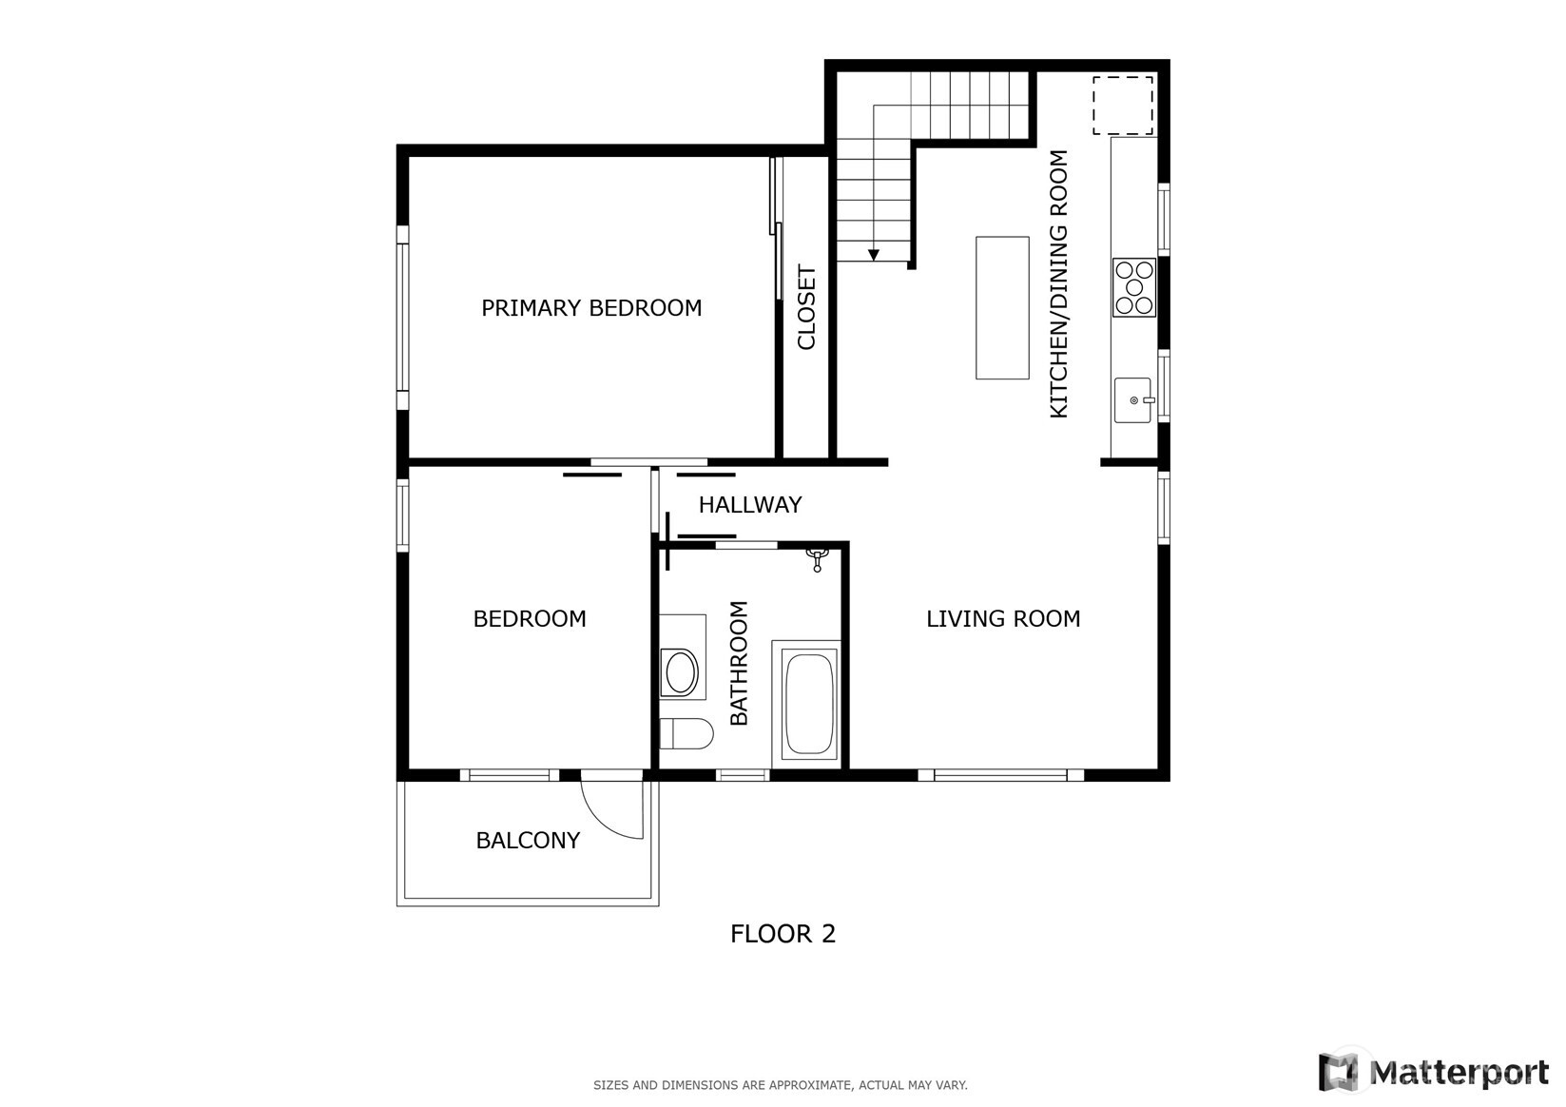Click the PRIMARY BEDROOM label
pyautogui.click(x=590, y=308)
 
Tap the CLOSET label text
pyautogui.click(x=806, y=307)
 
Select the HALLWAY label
pyautogui.click(x=749, y=505)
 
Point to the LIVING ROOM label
pyautogui.click(x=1003, y=619)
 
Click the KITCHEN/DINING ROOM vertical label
pyautogui.click(x=1058, y=283)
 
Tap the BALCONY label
pyautogui.click(x=528, y=841)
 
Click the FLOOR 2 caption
pyautogui.click(x=783, y=934)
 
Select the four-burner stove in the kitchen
pyautogui.click(x=1133, y=287)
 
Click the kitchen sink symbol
pyautogui.click(x=1133, y=400)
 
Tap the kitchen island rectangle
pyautogui.click(x=1002, y=308)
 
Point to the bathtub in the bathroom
pyautogui.click(x=809, y=704)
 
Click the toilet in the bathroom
pyautogui.click(x=686, y=734)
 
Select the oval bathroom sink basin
pyautogui.click(x=681, y=672)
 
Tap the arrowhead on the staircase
pyautogui.click(x=873, y=255)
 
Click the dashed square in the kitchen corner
pyautogui.click(x=1122, y=106)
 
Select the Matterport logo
pyautogui.click(x=1433, y=1073)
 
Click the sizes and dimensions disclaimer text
pyautogui.click(x=780, y=1085)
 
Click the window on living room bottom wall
pyautogui.click(x=1000, y=775)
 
